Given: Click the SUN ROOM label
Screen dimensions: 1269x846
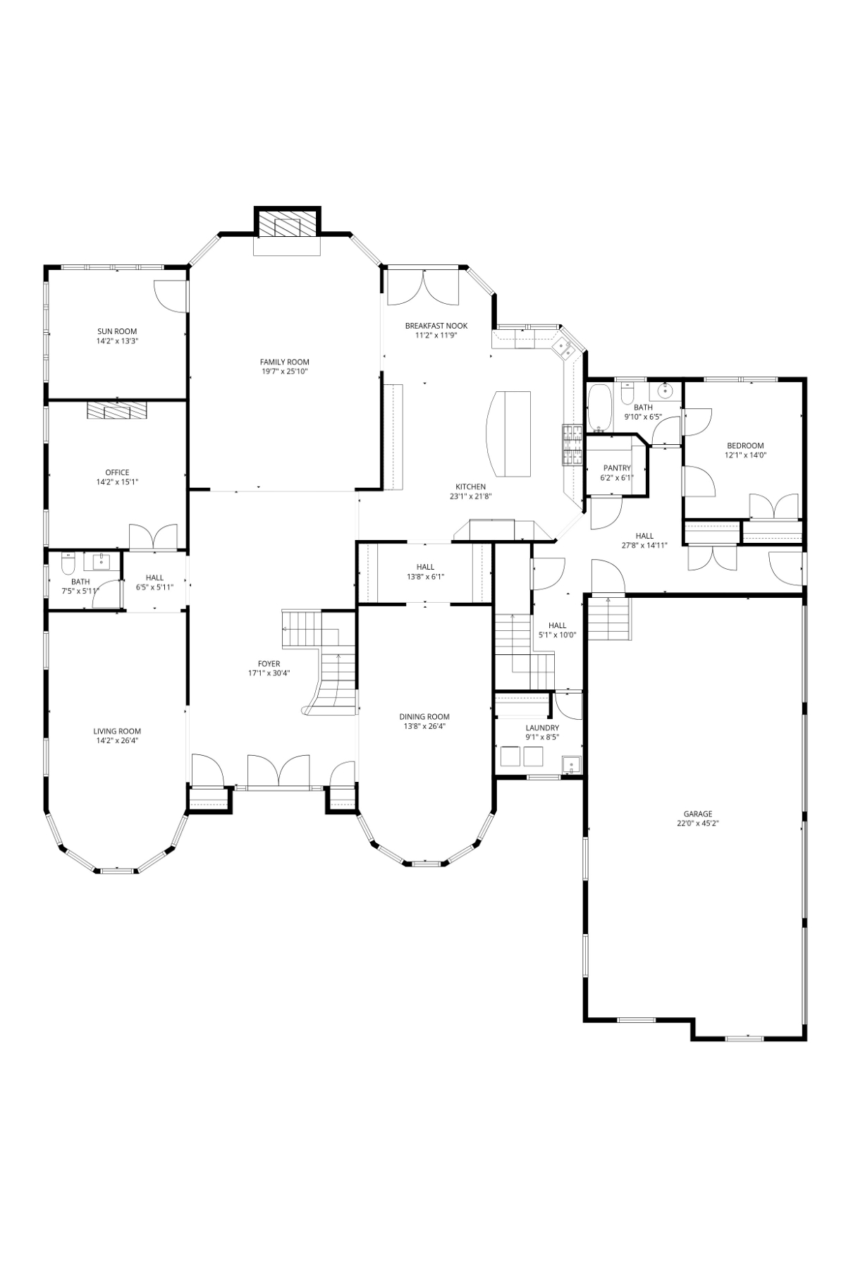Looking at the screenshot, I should (117, 331).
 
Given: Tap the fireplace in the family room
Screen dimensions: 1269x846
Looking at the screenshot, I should (287, 226).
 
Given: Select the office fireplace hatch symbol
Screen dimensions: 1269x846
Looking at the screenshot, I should (117, 410).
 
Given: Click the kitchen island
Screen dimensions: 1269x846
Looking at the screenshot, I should (509, 433).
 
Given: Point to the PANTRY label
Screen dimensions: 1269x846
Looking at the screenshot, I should (617, 468).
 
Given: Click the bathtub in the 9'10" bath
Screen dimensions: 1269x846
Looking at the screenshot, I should (600, 407).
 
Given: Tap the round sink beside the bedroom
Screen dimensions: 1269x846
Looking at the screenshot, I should (666, 391).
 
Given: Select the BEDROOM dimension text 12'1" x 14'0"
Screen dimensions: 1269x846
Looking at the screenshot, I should (745, 455).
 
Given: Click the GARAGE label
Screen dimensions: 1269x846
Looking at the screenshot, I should (697, 814).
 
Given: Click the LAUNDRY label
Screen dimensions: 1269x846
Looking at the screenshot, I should (542, 728).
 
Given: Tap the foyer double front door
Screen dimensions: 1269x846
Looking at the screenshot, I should (278, 771).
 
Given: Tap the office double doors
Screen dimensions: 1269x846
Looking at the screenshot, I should (153, 536).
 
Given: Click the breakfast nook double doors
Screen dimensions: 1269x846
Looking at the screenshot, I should (423, 288).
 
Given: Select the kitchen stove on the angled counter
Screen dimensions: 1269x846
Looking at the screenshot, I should (572, 446).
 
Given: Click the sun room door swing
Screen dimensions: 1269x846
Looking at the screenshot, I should (169, 295).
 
